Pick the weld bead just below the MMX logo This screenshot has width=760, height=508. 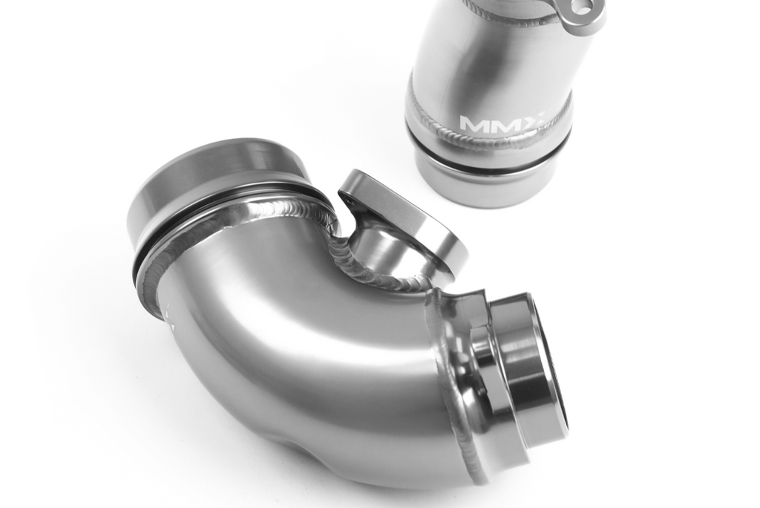[x=490, y=137]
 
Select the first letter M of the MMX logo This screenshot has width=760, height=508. [x=474, y=124]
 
